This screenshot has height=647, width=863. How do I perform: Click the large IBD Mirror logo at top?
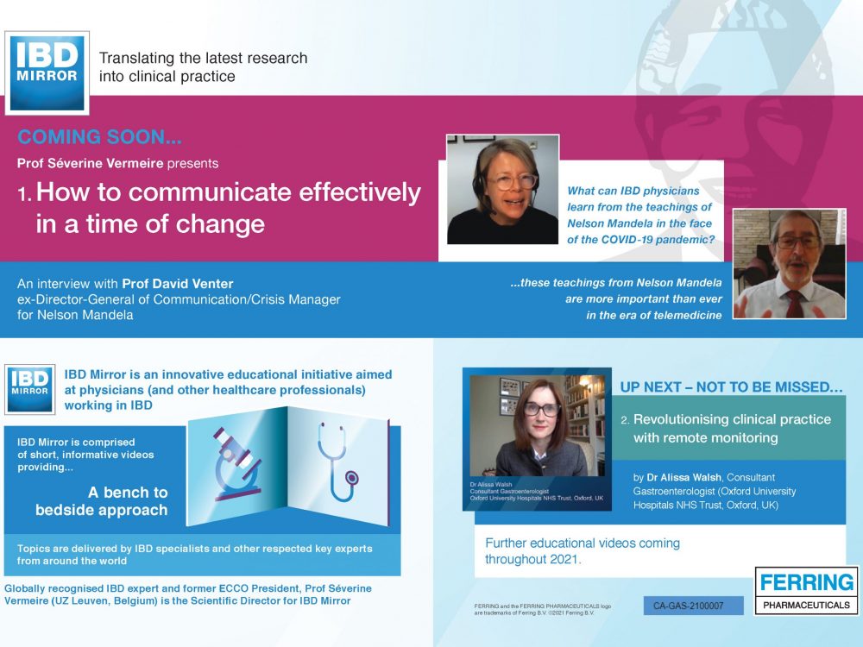pyautogui.click(x=47, y=73)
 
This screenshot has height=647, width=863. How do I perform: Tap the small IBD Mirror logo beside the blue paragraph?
pyautogui.click(x=29, y=389)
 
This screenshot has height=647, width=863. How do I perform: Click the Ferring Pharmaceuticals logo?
pyautogui.click(x=806, y=590)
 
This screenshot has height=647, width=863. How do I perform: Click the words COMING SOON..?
pyautogui.click(x=99, y=137)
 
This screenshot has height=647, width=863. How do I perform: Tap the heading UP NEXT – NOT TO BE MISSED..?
pyautogui.click(x=731, y=386)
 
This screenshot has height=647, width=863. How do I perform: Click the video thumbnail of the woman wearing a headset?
pyautogui.click(x=502, y=189)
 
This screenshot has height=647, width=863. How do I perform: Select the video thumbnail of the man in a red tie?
pyautogui.click(x=790, y=263)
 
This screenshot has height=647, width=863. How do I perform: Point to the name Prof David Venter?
pyautogui.click(x=177, y=284)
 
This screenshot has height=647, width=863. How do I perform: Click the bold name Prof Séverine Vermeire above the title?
pyautogui.click(x=91, y=163)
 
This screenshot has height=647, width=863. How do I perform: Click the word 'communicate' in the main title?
pyautogui.click(x=210, y=192)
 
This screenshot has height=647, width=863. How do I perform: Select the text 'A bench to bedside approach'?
pyautogui.click(x=102, y=500)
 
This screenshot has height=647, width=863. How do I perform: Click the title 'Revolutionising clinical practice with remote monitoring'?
pyautogui.click(x=732, y=429)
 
